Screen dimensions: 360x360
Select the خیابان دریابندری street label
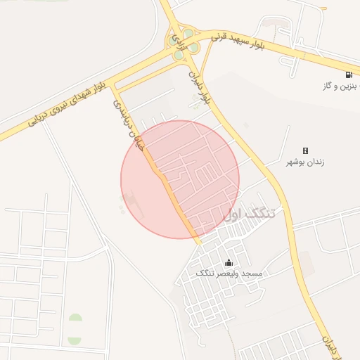(x=129, y=122)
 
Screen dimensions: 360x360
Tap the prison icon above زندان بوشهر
(x=305, y=150)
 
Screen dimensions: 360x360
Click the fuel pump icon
(x=349, y=75)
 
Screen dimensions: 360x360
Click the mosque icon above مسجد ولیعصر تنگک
(x=228, y=263)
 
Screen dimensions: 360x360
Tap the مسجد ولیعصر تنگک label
(x=229, y=273)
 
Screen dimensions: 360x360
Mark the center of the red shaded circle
(x=180, y=179)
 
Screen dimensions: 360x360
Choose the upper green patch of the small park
(x=75, y=321)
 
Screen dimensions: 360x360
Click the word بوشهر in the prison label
(x=296, y=162)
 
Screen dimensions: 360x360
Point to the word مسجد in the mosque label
(x=252, y=273)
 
